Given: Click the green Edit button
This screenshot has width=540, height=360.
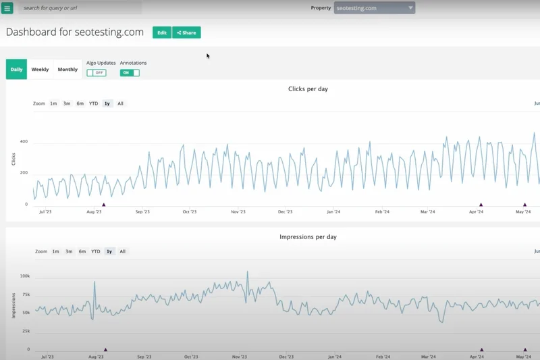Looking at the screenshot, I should click(x=162, y=32).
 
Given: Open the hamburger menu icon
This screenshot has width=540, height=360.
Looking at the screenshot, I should click(x=7, y=8).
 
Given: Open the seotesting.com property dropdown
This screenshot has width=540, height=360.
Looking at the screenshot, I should click(x=375, y=8).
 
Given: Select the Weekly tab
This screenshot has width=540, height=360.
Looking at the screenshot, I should click(x=40, y=70).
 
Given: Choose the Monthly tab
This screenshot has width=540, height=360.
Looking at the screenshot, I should click(x=67, y=70).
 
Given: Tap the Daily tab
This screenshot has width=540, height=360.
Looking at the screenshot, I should click(x=16, y=70).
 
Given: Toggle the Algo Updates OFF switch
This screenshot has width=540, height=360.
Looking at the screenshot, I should click(x=97, y=73).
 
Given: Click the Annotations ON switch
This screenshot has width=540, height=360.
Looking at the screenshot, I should click(x=130, y=73).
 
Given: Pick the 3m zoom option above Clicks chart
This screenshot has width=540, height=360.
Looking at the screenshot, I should click(x=67, y=103).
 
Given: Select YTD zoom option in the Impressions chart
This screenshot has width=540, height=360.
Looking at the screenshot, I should click(x=96, y=251).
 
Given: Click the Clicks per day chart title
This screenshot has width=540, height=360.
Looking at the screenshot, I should click(x=308, y=89).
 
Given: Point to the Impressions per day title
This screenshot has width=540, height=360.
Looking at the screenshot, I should click(x=308, y=237).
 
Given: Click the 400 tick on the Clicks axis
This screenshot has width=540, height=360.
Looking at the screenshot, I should click(x=24, y=141).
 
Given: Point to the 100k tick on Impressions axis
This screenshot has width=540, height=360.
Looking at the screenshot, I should click(x=24, y=276).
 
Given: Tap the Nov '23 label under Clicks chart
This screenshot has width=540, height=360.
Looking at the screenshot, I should click(x=238, y=211).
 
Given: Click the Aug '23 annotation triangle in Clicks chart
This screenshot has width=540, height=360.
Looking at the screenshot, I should click(x=103, y=204).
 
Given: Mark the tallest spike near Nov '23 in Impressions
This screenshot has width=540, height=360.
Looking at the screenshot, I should click(x=248, y=272).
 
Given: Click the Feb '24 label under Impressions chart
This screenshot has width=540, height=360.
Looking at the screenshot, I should click(x=383, y=357).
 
